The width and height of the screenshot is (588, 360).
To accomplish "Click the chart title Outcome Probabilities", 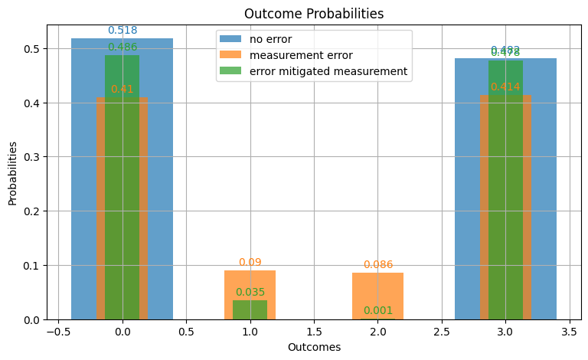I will click(314, 14).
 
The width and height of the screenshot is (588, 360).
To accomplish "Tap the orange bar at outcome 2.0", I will click(377, 296).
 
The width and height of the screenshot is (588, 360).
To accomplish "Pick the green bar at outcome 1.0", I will click(250, 310).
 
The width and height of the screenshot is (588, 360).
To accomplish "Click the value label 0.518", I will click(122, 31).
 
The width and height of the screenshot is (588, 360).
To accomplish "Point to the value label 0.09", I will click(250, 263).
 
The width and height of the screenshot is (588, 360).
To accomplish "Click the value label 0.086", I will click(377, 265).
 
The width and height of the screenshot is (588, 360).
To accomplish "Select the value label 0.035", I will click(250, 292).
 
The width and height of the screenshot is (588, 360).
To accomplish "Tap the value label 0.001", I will click(377, 310).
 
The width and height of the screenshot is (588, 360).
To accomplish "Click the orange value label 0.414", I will click(505, 87).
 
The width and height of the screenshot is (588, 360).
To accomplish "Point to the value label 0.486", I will click(122, 47).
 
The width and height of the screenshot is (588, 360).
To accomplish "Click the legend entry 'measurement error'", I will click(294, 55).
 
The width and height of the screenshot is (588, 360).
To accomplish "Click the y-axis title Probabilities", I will click(13, 172).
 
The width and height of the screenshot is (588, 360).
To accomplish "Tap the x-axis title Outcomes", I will click(314, 347).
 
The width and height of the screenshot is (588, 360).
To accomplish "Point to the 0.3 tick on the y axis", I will click(30, 157).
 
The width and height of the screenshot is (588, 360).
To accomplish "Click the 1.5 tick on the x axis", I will click(314, 333).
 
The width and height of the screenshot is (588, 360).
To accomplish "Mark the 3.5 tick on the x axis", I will click(569, 333).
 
